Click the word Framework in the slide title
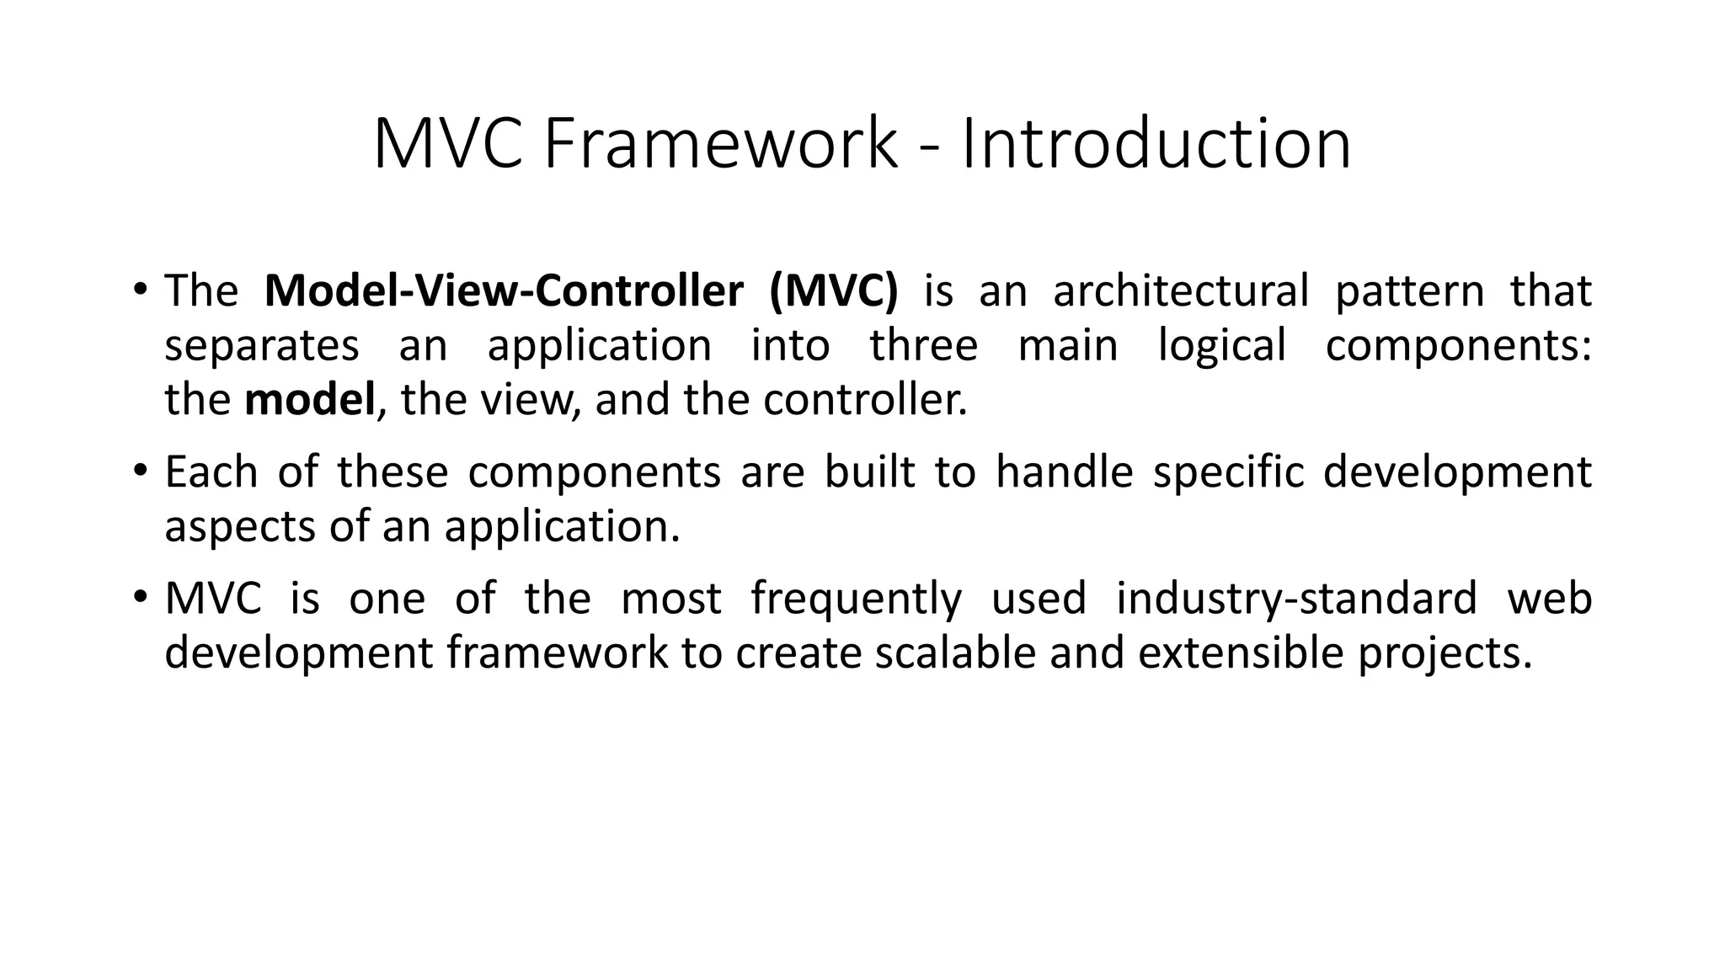[x=721, y=144]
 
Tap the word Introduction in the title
[x=1156, y=144]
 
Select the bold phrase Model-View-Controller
[x=504, y=291]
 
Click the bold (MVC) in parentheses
[x=834, y=291]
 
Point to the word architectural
[x=1181, y=291]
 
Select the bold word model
[x=309, y=400]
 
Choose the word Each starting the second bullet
[x=211, y=472]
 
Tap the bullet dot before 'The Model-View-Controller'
[x=140, y=290]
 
